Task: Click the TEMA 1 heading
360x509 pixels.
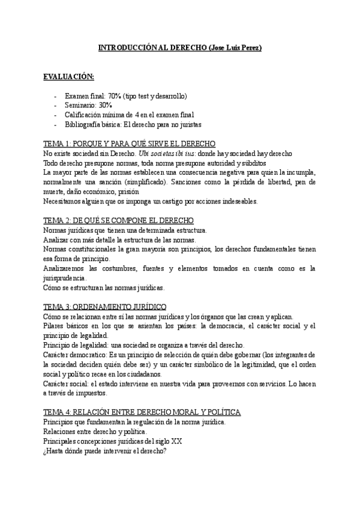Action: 130,145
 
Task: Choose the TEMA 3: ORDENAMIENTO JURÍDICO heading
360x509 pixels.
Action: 105,307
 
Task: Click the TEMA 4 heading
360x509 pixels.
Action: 143,412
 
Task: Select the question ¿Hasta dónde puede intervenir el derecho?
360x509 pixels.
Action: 105,451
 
